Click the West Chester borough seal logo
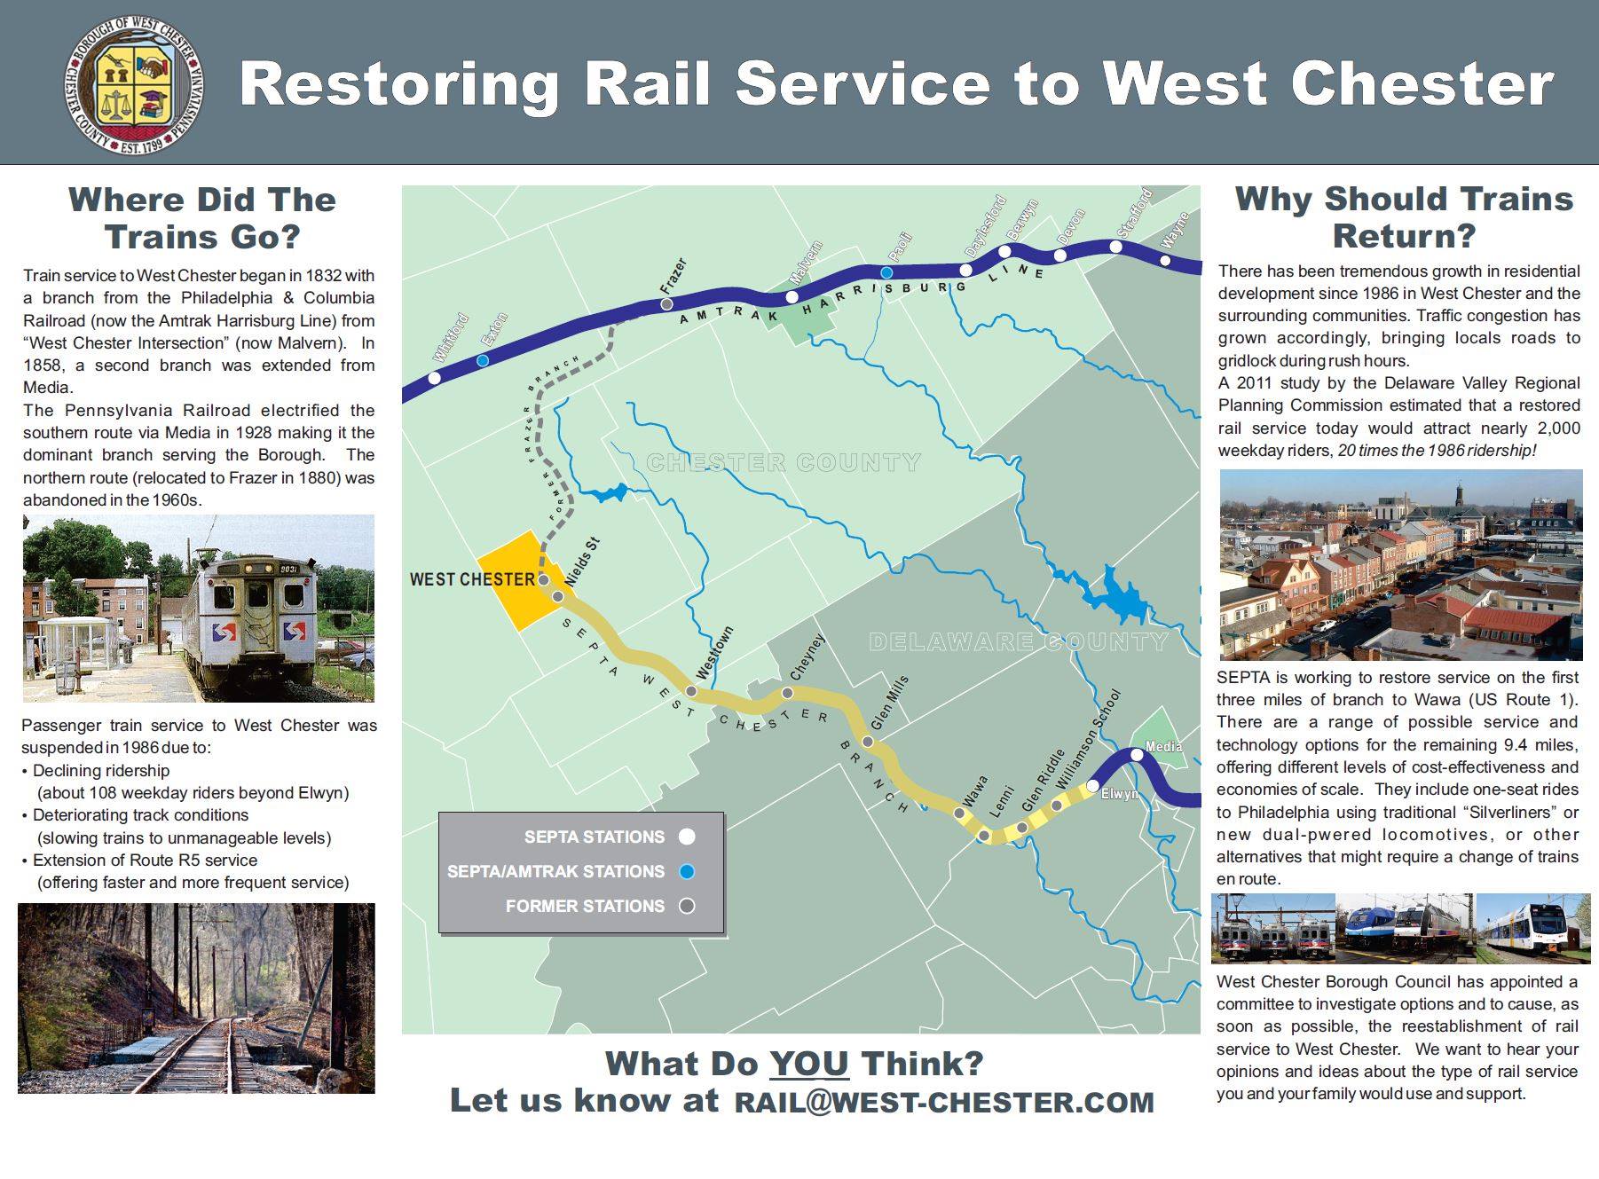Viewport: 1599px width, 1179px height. (134, 84)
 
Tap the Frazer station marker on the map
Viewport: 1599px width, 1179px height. (666, 304)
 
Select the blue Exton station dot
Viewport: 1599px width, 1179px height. (482, 360)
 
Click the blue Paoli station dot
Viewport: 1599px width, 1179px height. (886, 272)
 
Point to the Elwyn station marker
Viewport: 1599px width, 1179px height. (1092, 785)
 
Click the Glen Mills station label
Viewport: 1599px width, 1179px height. (889, 703)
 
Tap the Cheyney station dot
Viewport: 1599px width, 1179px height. (787, 693)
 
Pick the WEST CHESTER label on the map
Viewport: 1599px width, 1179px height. (472, 579)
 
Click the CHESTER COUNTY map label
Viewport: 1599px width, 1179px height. (784, 462)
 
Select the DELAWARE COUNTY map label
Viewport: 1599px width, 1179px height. (1018, 641)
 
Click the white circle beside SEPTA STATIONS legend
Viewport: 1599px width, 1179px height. (687, 837)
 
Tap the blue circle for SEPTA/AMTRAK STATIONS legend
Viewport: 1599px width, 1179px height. (687, 871)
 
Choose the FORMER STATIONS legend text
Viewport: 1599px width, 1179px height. (585, 906)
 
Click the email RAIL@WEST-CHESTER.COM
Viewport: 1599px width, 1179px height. (944, 1102)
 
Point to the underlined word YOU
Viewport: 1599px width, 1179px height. (808, 1063)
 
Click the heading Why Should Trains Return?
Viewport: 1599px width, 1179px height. (1403, 217)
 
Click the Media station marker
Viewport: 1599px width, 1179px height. (1137, 755)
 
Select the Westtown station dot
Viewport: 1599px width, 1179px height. (691, 691)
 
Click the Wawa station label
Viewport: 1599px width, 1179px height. (973, 791)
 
